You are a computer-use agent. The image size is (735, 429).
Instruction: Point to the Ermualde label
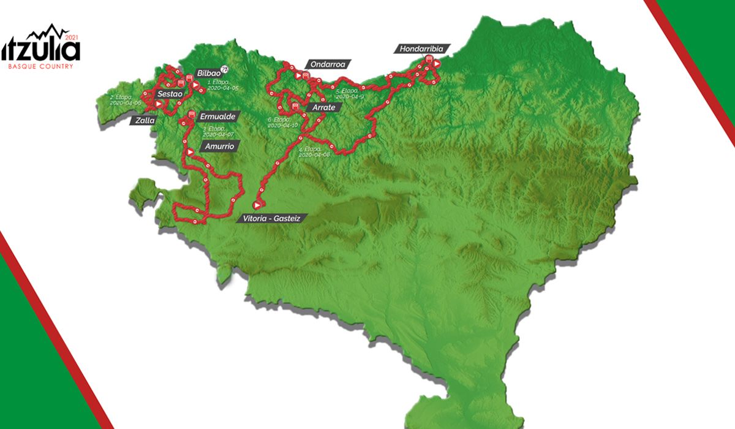point(218,116)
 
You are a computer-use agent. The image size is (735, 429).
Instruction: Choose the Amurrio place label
point(219,146)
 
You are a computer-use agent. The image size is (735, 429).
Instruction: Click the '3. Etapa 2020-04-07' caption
point(216,131)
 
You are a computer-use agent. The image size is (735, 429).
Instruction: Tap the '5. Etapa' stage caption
point(350,94)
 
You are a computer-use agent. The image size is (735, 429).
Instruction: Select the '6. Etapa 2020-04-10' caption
point(282,122)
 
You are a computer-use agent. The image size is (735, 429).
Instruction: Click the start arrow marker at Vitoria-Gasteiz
point(258,205)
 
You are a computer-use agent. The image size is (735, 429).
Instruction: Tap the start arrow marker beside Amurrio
point(191,151)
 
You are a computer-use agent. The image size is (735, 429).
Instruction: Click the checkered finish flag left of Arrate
point(296,106)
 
